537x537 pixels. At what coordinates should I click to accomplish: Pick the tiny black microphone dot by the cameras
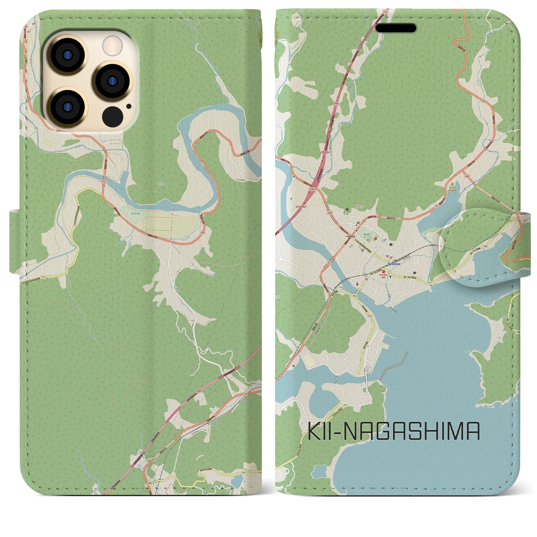tap(128, 106)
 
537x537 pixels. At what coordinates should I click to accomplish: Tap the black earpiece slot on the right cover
tap(396, 29)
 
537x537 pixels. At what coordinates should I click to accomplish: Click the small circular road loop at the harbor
tap(368, 370)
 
